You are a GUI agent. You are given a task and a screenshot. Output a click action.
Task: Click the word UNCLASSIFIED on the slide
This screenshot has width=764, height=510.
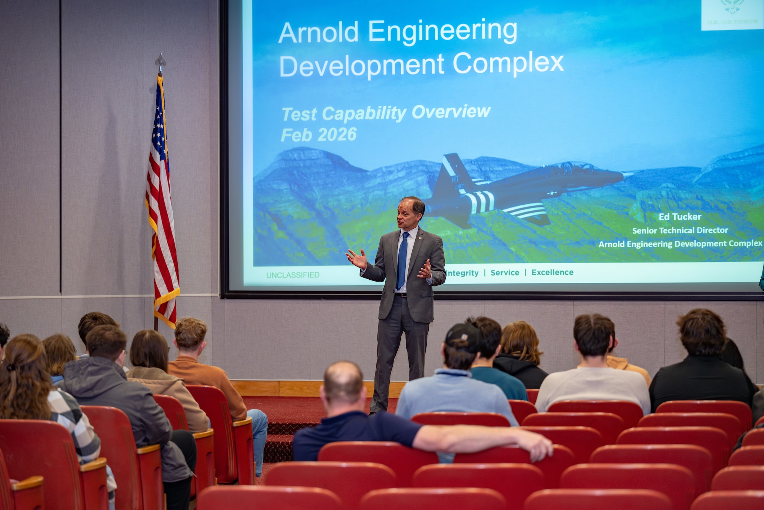293,275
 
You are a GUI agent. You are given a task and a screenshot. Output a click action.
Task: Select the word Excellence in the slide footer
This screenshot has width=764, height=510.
552,272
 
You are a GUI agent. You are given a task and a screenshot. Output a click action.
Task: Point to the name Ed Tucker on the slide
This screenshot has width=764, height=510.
680,217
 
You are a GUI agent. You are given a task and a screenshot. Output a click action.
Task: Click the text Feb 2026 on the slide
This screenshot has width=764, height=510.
319,135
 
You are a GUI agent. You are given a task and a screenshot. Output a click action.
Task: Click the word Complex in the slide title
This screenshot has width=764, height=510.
508,63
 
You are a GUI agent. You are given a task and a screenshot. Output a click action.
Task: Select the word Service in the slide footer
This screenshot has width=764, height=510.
505,273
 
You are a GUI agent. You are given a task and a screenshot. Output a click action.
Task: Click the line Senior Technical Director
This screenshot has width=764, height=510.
680,230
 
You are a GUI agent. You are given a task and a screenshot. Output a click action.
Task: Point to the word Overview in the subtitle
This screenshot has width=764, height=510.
451,112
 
